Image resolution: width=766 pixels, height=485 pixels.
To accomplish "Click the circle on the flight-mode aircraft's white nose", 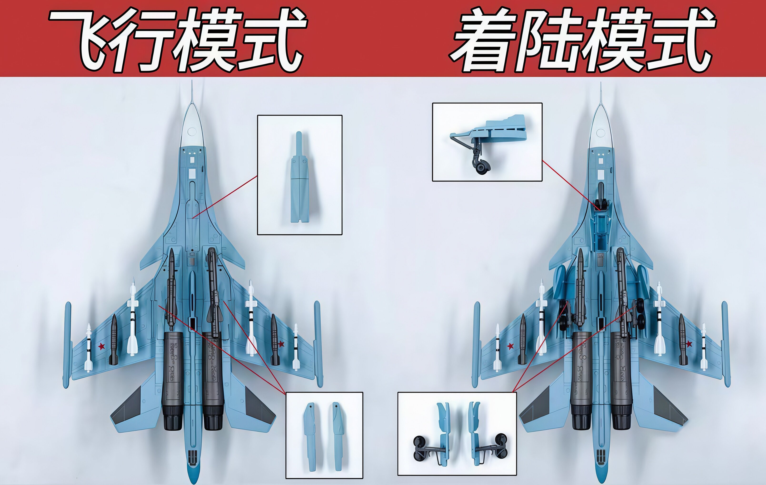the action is point(192,131).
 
